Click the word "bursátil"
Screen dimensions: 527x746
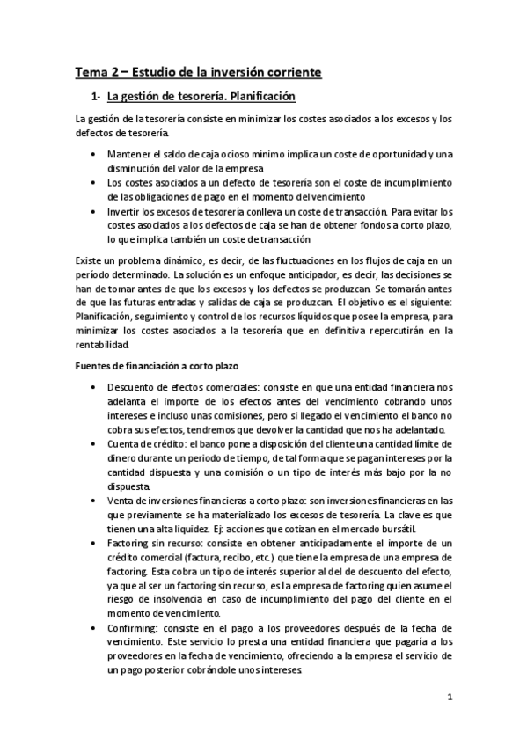point(406,528)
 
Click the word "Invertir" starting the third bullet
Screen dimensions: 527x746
point(124,211)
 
